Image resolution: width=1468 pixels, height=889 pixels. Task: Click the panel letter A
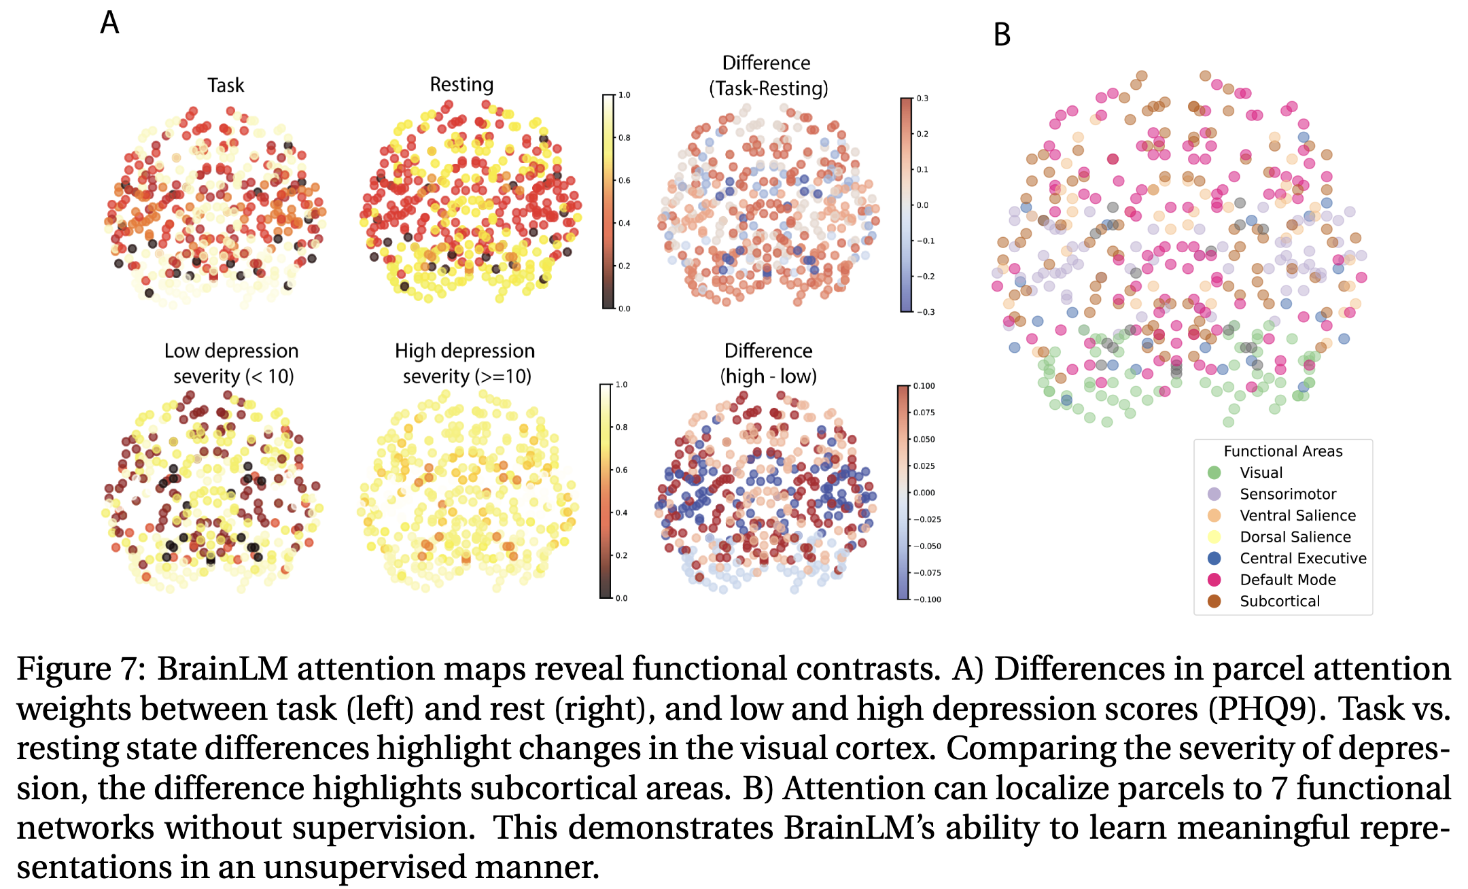pyautogui.click(x=109, y=23)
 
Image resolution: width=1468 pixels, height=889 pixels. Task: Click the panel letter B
pyautogui.click(x=1002, y=35)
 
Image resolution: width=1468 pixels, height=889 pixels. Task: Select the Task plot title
pyautogui.click(x=226, y=86)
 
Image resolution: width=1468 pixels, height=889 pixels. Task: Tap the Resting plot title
pyautogui.click(x=461, y=85)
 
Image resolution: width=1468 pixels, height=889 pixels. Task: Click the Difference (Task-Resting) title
pyautogui.click(x=767, y=75)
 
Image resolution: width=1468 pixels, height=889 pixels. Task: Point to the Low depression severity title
pyautogui.click(x=232, y=363)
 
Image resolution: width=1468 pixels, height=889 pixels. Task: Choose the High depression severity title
pyautogui.click(x=466, y=363)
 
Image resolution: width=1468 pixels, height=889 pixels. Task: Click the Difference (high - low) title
pyautogui.click(x=768, y=363)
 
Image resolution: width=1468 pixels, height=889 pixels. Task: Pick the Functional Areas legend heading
pyautogui.click(x=1282, y=451)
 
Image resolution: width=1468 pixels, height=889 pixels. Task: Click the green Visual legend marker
pyautogui.click(x=1214, y=472)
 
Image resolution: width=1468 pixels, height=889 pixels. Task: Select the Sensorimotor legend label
pyautogui.click(x=1287, y=494)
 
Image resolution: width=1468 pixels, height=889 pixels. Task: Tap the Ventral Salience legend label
pyautogui.click(x=1297, y=516)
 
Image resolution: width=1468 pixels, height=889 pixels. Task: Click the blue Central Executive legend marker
pyautogui.click(x=1214, y=558)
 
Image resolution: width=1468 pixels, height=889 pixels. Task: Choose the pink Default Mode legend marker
pyautogui.click(x=1214, y=580)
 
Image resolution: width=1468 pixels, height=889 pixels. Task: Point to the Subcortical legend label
pyautogui.click(x=1279, y=602)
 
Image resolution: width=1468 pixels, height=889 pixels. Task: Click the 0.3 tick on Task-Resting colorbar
pyautogui.click(x=922, y=99)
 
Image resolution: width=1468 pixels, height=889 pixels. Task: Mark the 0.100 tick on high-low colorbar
pyautogui.click(x=924, y=386)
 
